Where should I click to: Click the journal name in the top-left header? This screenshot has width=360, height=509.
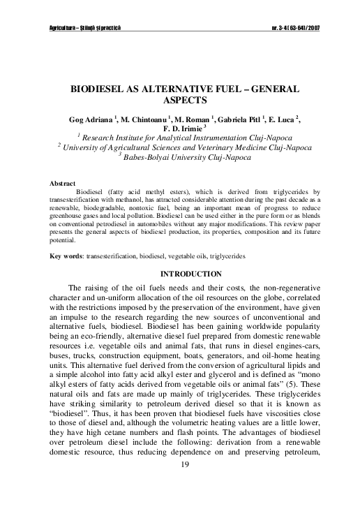[x=81, y=28]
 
